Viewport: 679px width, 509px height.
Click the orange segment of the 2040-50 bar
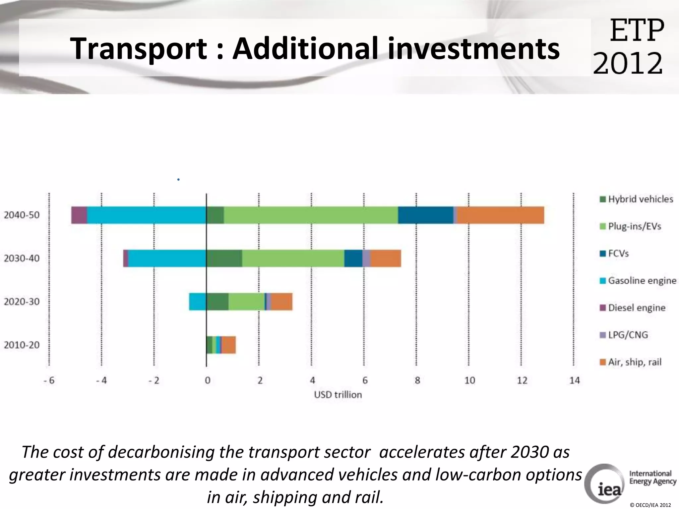pyautogui.click(x=501, y=215)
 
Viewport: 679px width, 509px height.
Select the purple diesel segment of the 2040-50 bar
pyautogui.click(x=79, y=215)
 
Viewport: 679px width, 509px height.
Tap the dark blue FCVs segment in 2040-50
pyautogui.click(x=425, y=215)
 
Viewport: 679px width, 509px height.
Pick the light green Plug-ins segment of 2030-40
pyautogui.click(x=293, y=258)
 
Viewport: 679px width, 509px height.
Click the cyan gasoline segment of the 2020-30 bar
pyautogui.click(x=198, y=302)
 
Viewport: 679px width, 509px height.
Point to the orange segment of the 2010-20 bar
pyautogui.click(x=229, y=345)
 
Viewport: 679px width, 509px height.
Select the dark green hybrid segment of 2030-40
pyautogui.click(x=224, y=258)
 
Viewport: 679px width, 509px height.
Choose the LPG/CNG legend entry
pyautogui.click(x=628, y=335)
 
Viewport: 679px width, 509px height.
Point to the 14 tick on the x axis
pyautogui.click(x=574, y=380)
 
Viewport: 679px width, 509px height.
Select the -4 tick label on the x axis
pyautogui.click(x=101, y=380)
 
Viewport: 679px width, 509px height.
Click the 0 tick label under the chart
pyautogui.click(x=207, y=380)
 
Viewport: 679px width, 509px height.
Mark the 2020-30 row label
pyautogui.click(x=22, y=302)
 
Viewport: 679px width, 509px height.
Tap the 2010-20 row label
pyautogui.click(x=22, y=345)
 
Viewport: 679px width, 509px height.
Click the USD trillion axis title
pyautogui.click(x=338, y=395)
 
